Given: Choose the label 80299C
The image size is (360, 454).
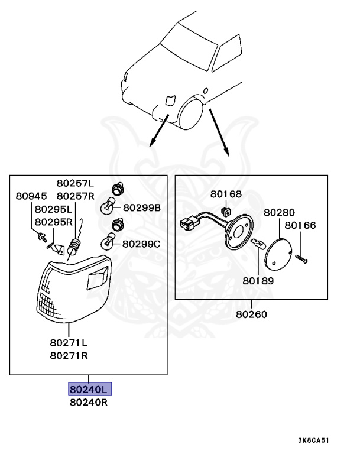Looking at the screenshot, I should (142, 243).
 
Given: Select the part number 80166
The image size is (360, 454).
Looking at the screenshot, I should (300, 225).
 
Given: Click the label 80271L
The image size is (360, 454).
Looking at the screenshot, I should (69, 342).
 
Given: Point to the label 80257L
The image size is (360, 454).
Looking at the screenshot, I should (75, 183).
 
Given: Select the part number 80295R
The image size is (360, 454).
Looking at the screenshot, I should (53, 222).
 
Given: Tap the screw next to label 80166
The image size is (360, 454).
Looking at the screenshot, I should (302, 258).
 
